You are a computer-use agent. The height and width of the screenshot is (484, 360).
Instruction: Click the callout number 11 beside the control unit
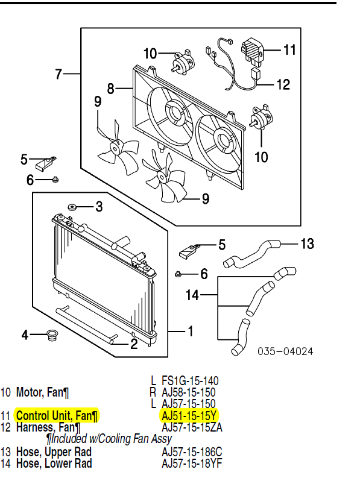289,49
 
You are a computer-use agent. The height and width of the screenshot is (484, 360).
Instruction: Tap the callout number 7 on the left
58,74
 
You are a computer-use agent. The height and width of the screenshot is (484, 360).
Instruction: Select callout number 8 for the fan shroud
110,89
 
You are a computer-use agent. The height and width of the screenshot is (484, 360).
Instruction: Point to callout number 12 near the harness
283,84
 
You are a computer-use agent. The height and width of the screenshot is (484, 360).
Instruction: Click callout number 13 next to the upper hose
307,244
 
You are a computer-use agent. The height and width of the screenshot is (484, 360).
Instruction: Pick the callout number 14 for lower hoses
192,295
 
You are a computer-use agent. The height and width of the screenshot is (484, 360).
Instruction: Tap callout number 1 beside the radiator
190,331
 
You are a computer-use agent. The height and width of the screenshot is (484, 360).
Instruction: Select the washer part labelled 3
72,207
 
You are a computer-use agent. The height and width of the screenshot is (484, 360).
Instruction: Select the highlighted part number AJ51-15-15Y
189,415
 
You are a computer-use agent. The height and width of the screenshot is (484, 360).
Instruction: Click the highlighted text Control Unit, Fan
56,415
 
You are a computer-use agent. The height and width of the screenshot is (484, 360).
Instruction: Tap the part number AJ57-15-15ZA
192,427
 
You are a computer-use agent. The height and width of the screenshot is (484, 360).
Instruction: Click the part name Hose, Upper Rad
54,451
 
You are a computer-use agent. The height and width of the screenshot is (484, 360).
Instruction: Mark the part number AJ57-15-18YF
192,463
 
